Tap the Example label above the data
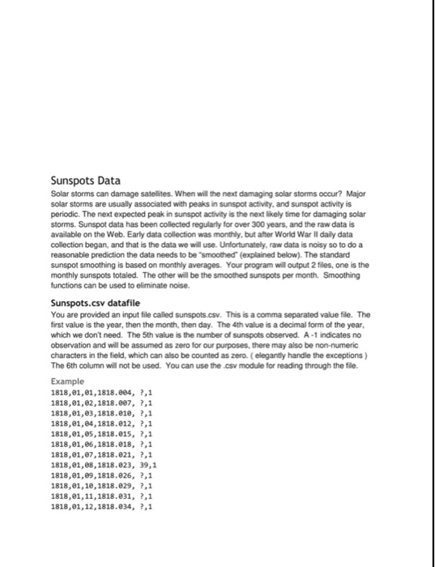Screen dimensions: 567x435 67,380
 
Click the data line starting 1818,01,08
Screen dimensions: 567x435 104,467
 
